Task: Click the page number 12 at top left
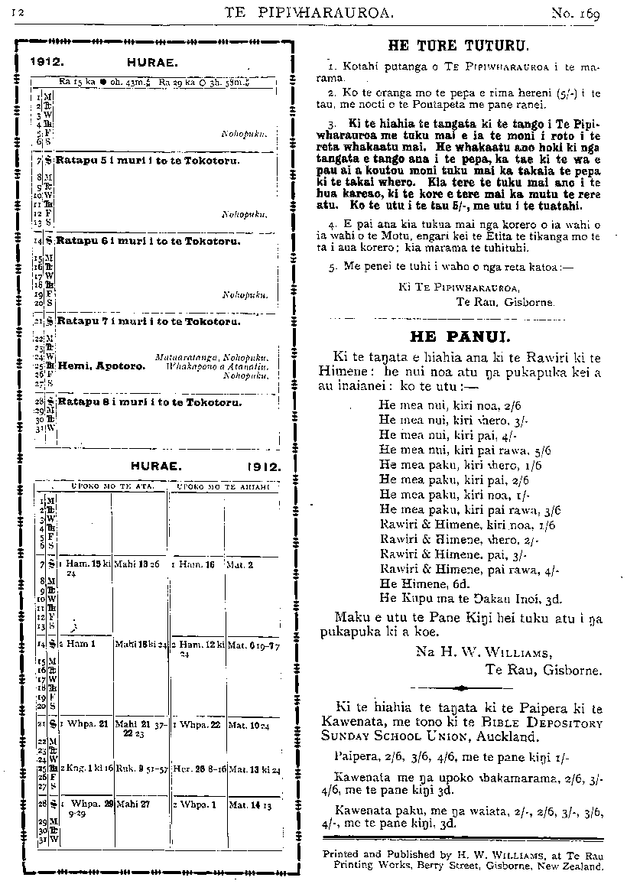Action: [x=18, y=13]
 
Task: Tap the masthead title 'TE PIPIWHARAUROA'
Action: [x=309, y=12]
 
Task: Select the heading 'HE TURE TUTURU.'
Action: [x=458, y=44]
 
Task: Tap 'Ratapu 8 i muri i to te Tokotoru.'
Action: [x=148, y=401]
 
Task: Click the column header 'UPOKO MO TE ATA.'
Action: [x=112, y=486]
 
